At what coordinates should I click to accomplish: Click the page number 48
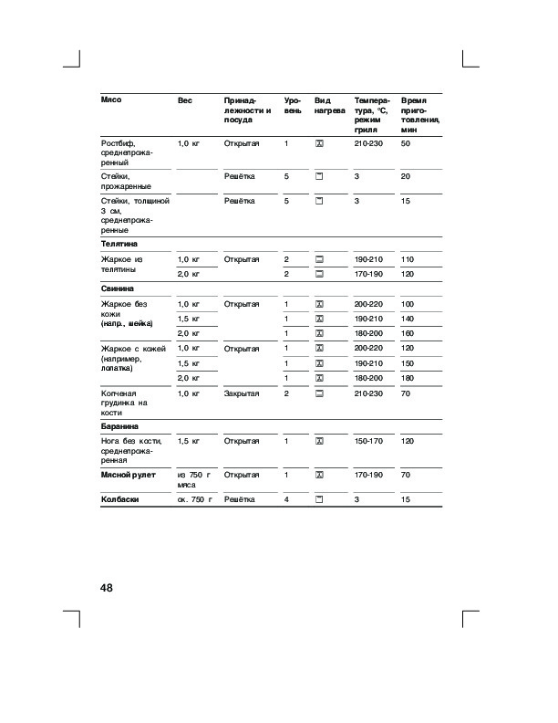click(x=106, y=588)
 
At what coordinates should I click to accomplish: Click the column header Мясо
click(x=111, y=99)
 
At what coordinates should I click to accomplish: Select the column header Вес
click(x=185, y=99)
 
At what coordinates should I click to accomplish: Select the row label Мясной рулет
click(x=129, y=475)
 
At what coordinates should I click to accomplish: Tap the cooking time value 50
click(x=406, y=144)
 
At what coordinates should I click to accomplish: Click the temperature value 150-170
click(x=370, y=441)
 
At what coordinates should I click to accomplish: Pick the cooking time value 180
click(x=408, y=378)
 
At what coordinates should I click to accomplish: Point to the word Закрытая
click(x=242, y=393)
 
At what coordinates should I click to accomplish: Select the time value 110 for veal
click(x=408, y=260)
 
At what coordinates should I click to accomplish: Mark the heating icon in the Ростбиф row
click(x=319, y=144)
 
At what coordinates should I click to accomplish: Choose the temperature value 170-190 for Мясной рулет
click(x=370, y=475)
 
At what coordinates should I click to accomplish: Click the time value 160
click(x=408, y=333)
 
